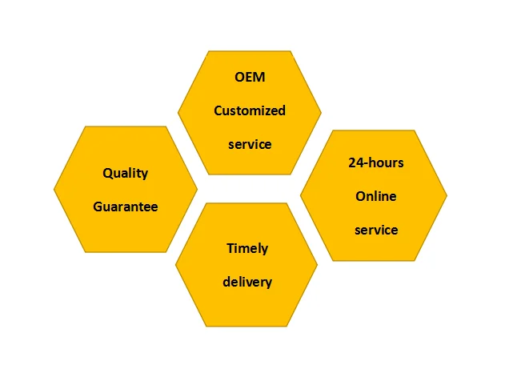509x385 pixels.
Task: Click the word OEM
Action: tap(249, 78)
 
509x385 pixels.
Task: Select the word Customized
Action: tap(249, 111)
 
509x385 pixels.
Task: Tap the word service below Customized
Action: tap(249, 145)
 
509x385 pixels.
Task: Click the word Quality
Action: tap(126, 173)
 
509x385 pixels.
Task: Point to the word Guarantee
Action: tap(126, 207)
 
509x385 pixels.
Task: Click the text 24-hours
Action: tap(375, 162)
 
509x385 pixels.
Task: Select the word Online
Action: tap(375, 196)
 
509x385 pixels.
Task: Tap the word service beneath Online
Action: tap(375, 230)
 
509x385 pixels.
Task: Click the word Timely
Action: tap(247, 248)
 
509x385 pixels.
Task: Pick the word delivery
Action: tap(247, 282)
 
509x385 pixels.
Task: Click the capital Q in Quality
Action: tap(107, 173)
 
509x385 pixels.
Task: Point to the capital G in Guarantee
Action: tap(98, 207)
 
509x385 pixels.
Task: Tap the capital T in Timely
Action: tap(230, 248)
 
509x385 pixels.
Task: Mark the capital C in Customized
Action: tap(218, 111)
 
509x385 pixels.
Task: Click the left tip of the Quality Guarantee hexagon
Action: tap(55, 190)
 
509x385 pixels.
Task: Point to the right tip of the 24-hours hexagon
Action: tap(446, 195)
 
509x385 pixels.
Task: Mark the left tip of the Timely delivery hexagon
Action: tap(176, 265)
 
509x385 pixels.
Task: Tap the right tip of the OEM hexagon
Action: tap(320, 113)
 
